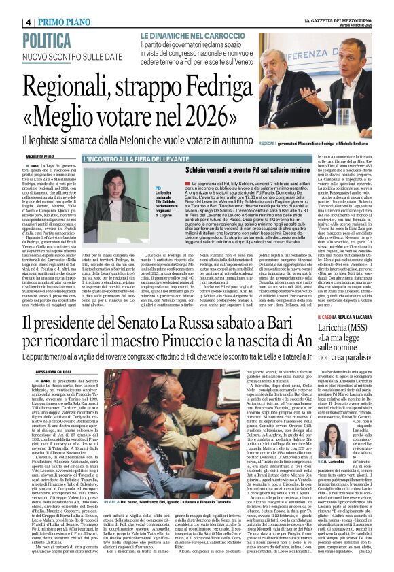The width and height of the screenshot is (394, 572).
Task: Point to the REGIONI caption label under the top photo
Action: (287, 144)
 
